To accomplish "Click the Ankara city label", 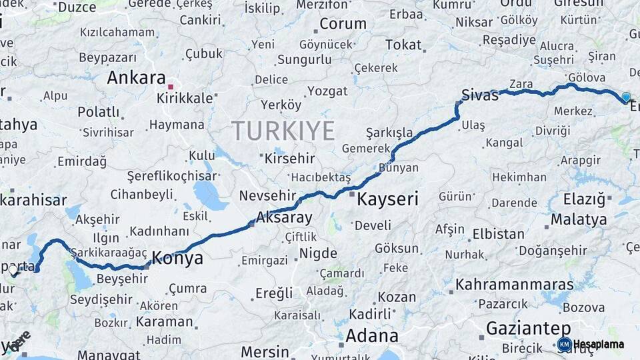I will click(136, 78).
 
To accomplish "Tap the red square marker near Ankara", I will click(170, 87).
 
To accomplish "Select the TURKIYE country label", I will click(283, 131).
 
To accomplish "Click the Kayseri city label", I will click(387, 199).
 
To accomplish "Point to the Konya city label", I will click(177, 259).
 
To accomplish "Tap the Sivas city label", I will click(479, 95).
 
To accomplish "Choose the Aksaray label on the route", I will click(284, 218).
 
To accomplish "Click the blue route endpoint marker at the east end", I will click(625, 98).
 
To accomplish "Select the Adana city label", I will click(373, 335).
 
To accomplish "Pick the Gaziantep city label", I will click(528, 328).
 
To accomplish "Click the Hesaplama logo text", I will click(599, 345).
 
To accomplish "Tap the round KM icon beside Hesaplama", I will click(564, 345).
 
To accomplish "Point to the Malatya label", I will click(579, 219).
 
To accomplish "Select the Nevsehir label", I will click(267, 195).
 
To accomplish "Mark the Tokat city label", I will click(403, 45).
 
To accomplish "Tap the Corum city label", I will click(343, 24).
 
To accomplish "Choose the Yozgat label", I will click(327, 91).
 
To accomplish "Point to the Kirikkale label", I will click(185, 98).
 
